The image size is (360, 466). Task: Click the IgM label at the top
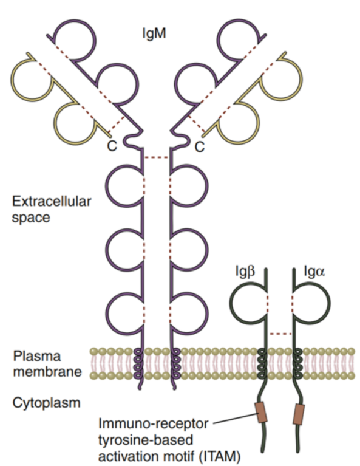154,33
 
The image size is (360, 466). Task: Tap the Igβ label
245,272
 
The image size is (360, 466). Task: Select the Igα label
314,272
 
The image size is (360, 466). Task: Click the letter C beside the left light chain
112,146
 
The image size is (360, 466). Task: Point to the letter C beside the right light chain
200,146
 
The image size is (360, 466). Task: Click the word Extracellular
52,202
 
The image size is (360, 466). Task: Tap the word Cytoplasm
47,403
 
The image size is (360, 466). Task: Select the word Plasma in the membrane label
37,356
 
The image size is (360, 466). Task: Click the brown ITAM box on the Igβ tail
261,412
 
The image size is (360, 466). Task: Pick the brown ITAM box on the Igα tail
299,414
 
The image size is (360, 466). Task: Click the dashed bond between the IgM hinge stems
157,157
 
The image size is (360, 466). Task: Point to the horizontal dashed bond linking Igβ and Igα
280,334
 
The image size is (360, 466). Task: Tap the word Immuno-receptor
153,423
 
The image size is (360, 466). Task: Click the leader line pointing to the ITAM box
234,418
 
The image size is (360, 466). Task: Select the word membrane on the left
47,372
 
